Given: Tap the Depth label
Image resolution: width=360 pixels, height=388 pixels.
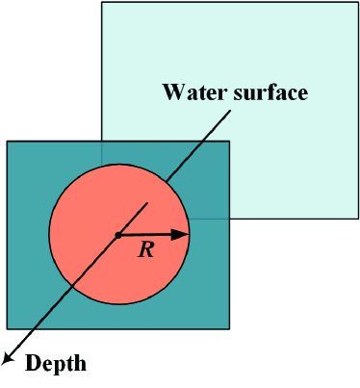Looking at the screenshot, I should tap(55, 363).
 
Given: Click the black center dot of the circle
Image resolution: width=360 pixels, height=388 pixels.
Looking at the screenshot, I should tap(117, 235).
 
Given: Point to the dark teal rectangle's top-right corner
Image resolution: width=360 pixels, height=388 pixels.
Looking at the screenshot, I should tap(229, 142).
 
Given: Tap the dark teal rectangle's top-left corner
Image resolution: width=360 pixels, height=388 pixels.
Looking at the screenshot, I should tap(7, 142).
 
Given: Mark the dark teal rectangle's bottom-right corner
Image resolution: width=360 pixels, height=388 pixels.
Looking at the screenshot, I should tap(229, 328).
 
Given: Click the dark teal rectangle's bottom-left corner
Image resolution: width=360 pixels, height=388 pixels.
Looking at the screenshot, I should tap(7, 328).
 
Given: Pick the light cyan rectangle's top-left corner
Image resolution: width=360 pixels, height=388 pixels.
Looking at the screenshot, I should tap(102, 2).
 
